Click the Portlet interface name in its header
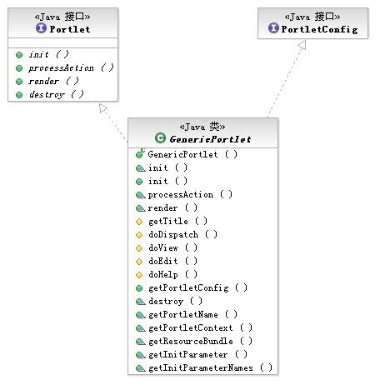click(x=70, y=29)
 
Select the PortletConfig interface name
click(x=319, y=29)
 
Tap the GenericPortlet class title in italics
click(x=210, y=139)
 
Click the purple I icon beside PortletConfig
click(x=273, y=27)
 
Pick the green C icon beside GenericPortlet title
click(x=160, y=137)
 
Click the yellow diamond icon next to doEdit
click(x=139, y=262)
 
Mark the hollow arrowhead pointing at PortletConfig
click(x=302, y=45)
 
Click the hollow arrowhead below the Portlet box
click(x=103, y=108)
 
